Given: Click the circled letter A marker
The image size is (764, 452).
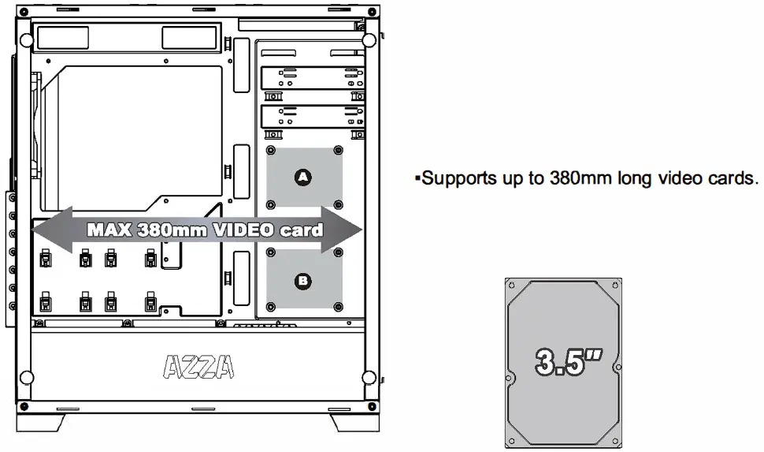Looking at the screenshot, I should pos(302,177).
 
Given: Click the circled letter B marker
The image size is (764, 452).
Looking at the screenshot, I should pos(302,279).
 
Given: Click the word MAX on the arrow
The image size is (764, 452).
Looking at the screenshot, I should pos(109,230).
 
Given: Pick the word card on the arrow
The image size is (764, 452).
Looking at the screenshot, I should pos(302,230).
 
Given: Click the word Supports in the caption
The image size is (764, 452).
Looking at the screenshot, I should pos(460,177).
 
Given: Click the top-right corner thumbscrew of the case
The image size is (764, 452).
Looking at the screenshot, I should pos(369,40).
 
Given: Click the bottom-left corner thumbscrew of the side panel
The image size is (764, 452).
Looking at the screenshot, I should pos(27,376).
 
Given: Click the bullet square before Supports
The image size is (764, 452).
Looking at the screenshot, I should pos(417,178).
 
